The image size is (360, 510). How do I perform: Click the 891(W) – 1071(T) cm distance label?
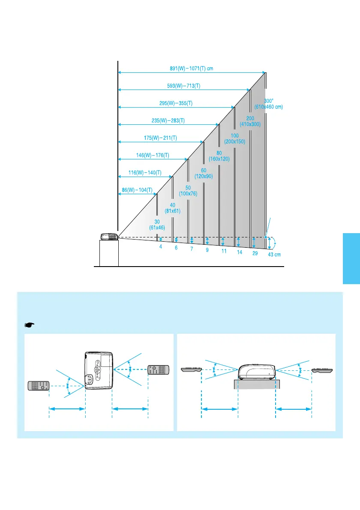(x=192, y=68)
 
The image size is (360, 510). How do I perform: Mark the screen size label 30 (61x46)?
(x=157, y=224)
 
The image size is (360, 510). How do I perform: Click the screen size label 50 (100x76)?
(x=188, y=191)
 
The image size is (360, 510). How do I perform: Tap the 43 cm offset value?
(x=275, y=255)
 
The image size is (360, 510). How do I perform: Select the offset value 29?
(x=255, y=253)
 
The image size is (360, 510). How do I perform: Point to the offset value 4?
(x=160, y=247)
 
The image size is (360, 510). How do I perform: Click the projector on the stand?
(x=109, y=237)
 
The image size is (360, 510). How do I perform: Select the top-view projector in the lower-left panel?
(x=99, y=370)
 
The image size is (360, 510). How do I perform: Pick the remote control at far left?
(x=39, y=386)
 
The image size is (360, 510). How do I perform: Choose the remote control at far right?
(x=323, y=370)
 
